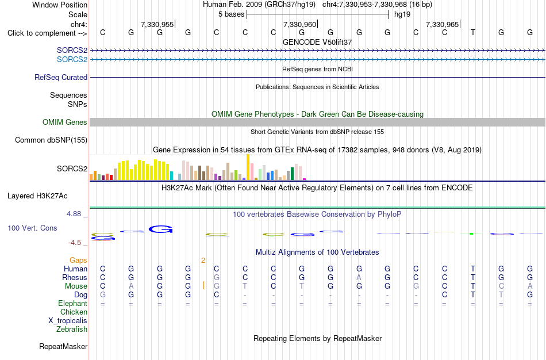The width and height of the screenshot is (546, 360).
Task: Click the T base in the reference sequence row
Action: coord(472,32)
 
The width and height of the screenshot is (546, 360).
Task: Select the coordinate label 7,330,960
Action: coord(299,24)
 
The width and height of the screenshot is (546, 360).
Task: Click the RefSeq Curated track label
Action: coord(61,78)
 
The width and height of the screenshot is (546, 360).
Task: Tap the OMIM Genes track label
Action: coord(65,122)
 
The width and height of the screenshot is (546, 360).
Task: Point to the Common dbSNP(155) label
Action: coord(51,140)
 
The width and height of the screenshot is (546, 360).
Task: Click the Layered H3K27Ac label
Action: coord(37,196)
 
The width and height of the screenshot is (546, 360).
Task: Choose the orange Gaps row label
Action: coord(78,261)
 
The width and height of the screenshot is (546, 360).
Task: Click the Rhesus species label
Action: coord(75,277)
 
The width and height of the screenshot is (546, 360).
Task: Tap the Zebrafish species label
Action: coord(72,329)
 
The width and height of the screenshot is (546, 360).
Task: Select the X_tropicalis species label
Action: coord(68,321)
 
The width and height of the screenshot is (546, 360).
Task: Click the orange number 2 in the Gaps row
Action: coord(203,261)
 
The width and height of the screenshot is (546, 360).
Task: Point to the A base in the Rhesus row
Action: coord(359,277)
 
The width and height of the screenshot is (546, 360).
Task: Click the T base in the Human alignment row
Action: coord(472,269)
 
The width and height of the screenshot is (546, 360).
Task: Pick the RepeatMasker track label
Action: coord(63,346)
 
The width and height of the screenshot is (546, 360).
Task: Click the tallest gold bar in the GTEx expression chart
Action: coord(248,167)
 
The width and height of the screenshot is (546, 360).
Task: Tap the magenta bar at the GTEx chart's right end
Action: coord(305,179)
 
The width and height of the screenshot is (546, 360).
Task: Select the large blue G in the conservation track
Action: coord(160,229)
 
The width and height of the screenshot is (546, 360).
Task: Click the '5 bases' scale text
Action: coord(231,14)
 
